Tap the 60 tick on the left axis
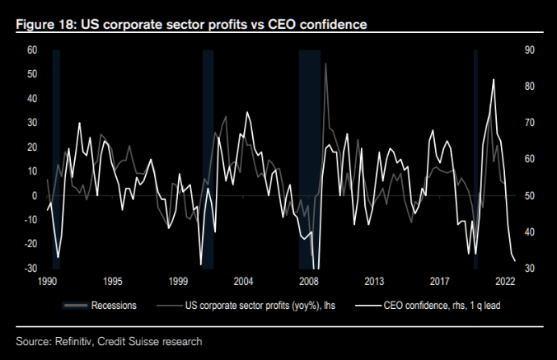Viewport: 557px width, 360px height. click(x=32, y=50)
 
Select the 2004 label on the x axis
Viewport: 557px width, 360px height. click(x=243, y=281)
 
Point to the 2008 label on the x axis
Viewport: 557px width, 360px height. click(x=308, y=281)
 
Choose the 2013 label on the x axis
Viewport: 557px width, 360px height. click(x=374, y=281)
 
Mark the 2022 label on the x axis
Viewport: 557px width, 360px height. click(x=505, y=281)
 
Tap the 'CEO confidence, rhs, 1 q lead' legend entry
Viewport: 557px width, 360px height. click(x=442, y=305)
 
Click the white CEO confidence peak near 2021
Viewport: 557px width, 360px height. click(x=493, y=80)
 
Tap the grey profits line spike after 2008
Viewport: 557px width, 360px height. click(x=325, y=63)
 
